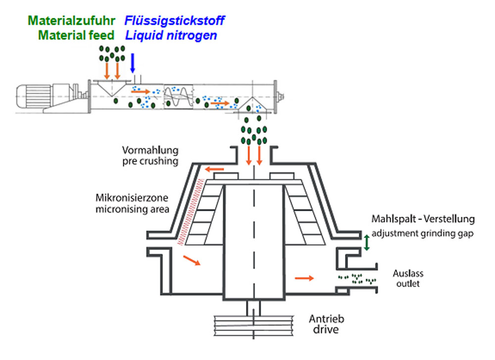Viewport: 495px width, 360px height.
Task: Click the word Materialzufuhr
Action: click(x=72, y=21)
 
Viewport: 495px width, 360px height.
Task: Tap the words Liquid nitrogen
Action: click(x=171, y=36)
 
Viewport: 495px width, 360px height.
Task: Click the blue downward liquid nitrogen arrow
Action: click(x=132, y=62)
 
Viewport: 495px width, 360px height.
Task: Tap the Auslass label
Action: click(x=408, y=274)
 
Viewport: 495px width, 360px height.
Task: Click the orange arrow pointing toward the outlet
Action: click(x=304, y=278)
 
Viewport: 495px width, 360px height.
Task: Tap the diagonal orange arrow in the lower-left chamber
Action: click(x=192, y=260)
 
